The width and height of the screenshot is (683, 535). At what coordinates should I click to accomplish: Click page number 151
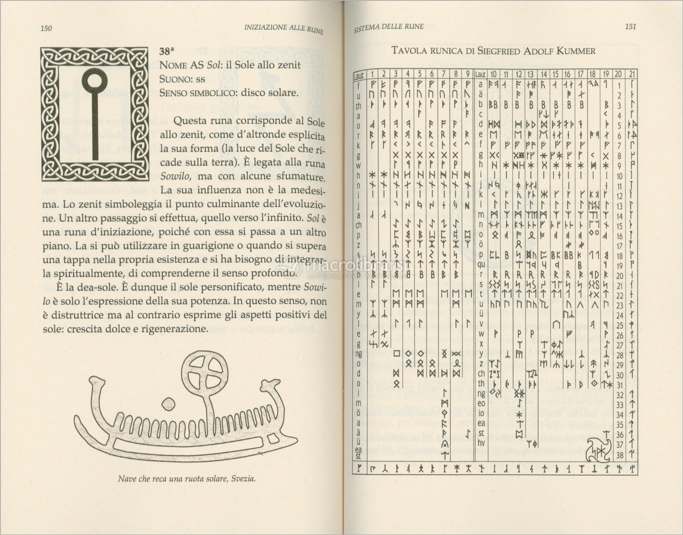pyautogui.click(x=630, y=26)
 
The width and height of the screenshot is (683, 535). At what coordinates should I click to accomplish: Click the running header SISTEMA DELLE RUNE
pyautogui.click(x=389, y=26)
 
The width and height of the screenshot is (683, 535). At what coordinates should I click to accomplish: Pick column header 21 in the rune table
pyautogui.click(x=631, y=74)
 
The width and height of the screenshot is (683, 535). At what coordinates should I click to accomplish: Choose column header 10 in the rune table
pyautogui.click(x=493, y=74)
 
